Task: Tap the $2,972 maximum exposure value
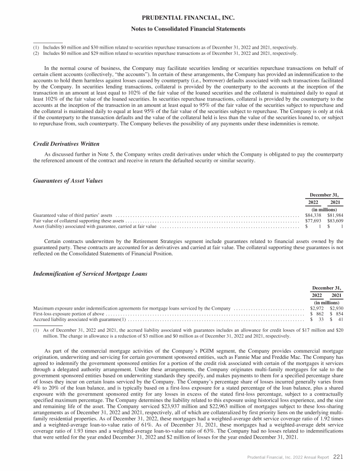(x=317, y=308)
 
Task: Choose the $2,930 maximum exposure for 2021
(x=337, y=308)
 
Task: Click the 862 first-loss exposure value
(x=319, y=314)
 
